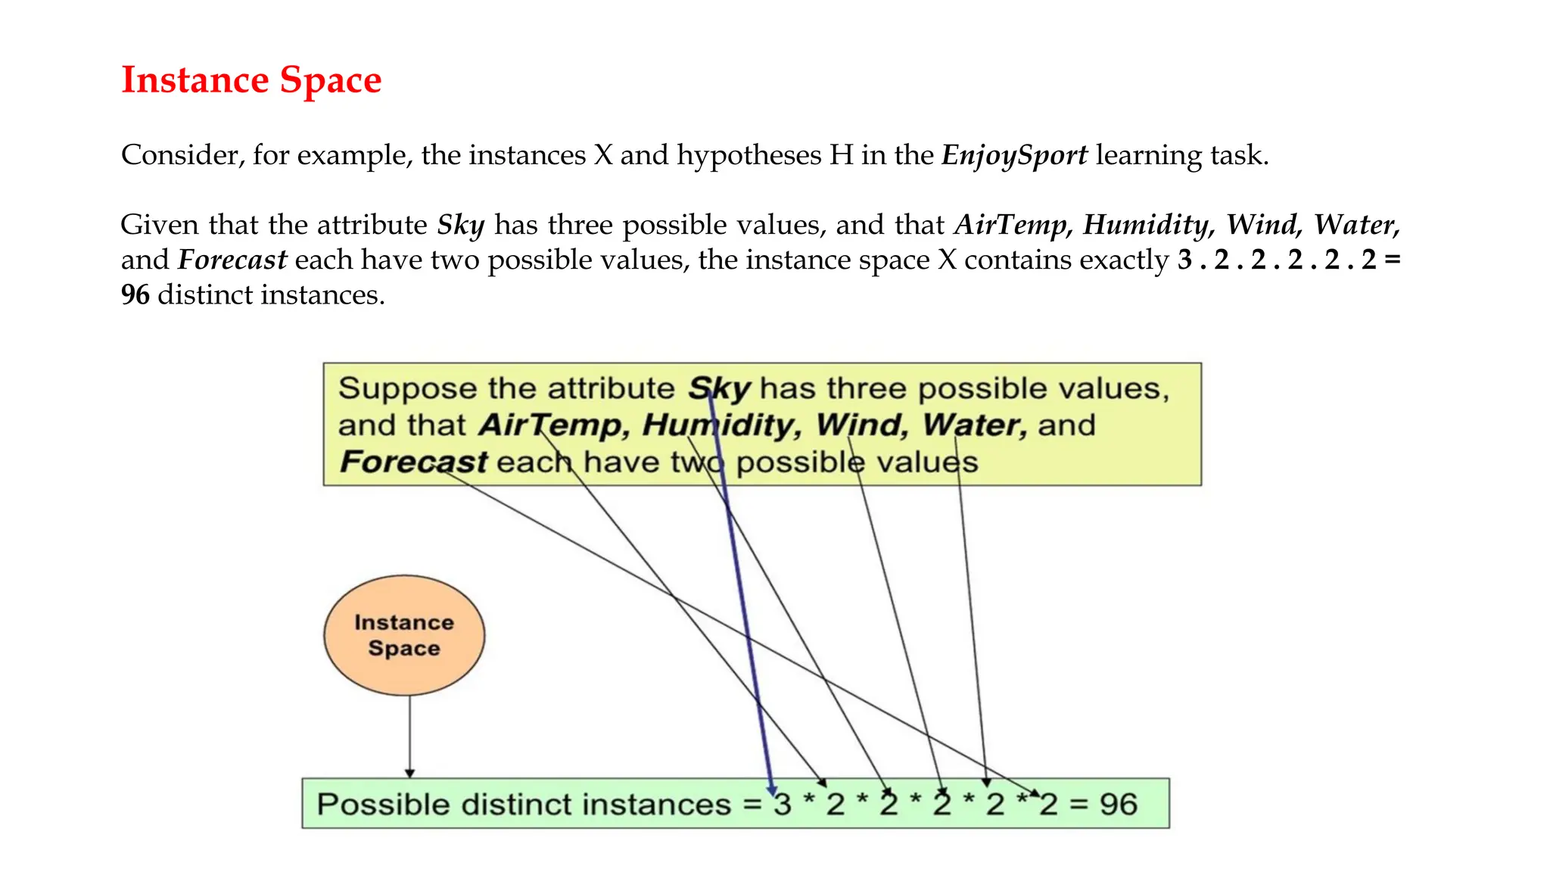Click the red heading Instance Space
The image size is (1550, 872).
point(251,80)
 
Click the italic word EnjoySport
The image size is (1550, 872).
point(1014,155)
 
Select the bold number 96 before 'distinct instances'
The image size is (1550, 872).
point(135,294)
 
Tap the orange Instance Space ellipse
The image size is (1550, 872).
point(404,635)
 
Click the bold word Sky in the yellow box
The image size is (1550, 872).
point(719,388)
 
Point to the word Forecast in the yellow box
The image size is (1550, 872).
point(413,462)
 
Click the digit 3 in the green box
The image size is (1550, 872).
point(783,805)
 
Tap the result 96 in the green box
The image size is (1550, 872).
point(1118,805)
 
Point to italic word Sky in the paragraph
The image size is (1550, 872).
point(461,225)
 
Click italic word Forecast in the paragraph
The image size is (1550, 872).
point(232,260)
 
